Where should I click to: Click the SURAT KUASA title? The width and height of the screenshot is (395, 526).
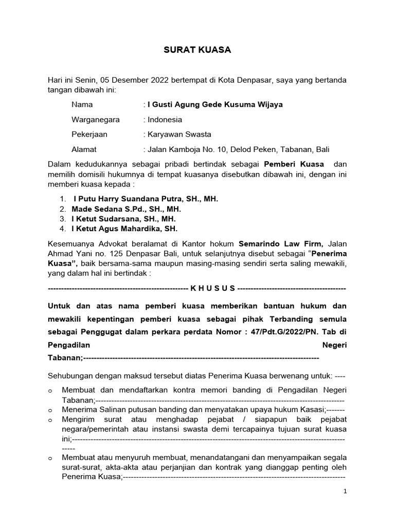[x=197, y=50]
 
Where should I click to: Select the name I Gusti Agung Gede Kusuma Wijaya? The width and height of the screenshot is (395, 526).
[x=215, y=105]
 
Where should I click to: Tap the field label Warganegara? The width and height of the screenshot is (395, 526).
[x=96, y=120]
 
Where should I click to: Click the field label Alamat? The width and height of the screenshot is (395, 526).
[x=84, y=149]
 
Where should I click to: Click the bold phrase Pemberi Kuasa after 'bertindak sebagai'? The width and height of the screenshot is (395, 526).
[x=294, y=164]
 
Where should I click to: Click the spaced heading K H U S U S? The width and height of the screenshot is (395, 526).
[x=212, y=288]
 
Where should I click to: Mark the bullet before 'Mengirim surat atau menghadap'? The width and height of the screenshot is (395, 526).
[x=50, y=420]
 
